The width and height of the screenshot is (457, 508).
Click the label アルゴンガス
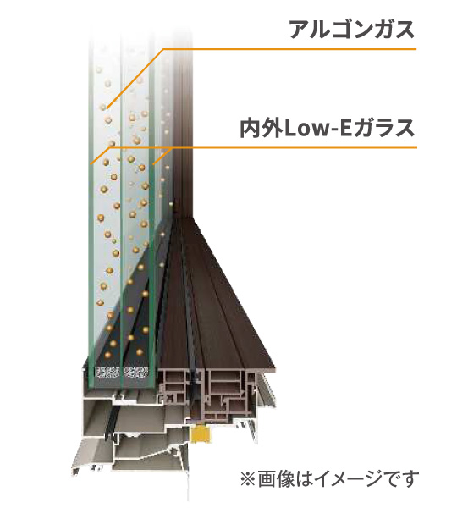352,29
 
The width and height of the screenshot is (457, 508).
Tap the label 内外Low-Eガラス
328,129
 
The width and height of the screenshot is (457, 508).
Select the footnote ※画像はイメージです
329,479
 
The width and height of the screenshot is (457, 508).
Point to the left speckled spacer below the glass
107,372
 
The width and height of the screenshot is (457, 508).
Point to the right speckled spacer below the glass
136,372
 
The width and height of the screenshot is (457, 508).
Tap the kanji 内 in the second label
251,129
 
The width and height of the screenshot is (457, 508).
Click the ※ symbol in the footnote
248,480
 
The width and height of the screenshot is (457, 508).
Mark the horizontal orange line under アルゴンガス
289,49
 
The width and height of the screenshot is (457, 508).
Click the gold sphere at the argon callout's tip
103,107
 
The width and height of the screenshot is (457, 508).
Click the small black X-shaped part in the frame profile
170,397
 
